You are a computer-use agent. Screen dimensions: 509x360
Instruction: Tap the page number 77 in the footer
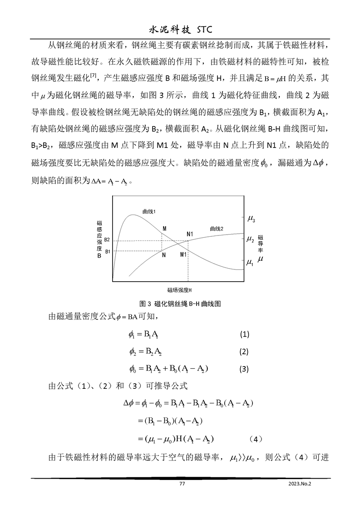182,484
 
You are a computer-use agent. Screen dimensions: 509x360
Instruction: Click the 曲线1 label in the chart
149,211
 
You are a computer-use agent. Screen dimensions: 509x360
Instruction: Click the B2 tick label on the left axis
107,240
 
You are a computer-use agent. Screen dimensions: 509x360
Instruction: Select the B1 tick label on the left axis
107,251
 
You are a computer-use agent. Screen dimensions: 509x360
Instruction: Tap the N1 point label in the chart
190,234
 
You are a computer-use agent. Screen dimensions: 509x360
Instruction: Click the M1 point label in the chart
183,254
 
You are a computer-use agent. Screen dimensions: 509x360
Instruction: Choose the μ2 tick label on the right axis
250,239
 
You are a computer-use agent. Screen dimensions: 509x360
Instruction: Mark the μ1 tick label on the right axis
250,262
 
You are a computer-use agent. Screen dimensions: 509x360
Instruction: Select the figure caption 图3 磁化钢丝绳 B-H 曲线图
180,304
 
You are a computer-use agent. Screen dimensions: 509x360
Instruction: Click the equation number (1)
245,335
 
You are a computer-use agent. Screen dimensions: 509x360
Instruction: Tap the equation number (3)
245,369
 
